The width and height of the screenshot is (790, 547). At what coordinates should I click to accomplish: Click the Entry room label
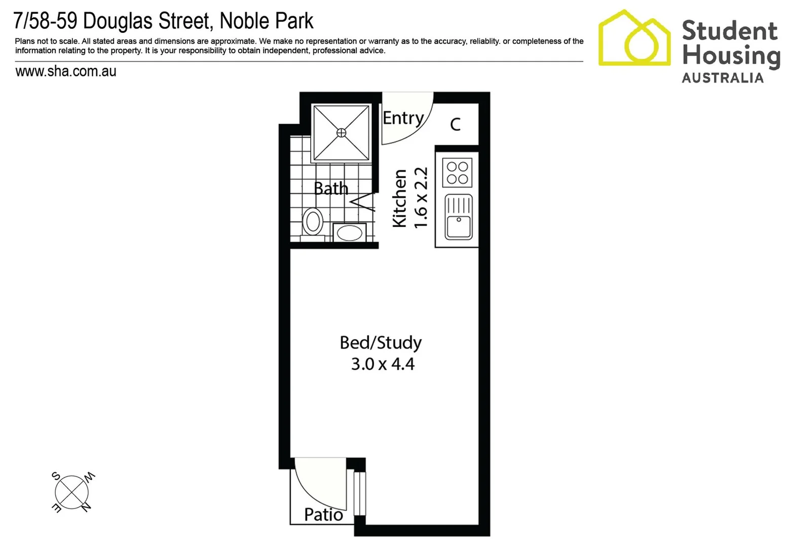point(403,118)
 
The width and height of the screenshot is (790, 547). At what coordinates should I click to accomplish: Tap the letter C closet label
point(455,124)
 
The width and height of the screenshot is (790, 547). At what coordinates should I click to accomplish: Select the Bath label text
point(331,188)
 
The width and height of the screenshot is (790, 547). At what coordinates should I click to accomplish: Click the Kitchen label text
point(400,199)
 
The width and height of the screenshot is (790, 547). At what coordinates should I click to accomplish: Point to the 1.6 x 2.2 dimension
point(421,198)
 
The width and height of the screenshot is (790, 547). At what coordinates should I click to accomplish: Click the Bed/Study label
point(381,343)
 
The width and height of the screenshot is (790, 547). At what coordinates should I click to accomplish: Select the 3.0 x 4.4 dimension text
point(383,364)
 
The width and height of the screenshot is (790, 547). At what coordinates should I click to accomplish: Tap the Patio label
point(323,515)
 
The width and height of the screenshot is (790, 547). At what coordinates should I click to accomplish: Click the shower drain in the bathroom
point(342,133)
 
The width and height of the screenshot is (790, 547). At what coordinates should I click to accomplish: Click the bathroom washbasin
point(350,233)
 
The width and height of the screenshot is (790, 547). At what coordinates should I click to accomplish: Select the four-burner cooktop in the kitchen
point(457,173)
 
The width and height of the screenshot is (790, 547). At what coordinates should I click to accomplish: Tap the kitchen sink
point(459,217)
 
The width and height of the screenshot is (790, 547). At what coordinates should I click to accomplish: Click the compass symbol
point(72,492)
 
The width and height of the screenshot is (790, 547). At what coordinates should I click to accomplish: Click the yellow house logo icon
point(634,39)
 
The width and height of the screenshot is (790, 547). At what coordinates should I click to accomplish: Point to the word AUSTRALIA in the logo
point(723,78)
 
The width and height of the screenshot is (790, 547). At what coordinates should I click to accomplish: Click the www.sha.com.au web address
point(66,71)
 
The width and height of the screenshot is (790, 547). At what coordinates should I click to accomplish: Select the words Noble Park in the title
point(267,21)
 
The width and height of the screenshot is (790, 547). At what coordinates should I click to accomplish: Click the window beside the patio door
point(359,493)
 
